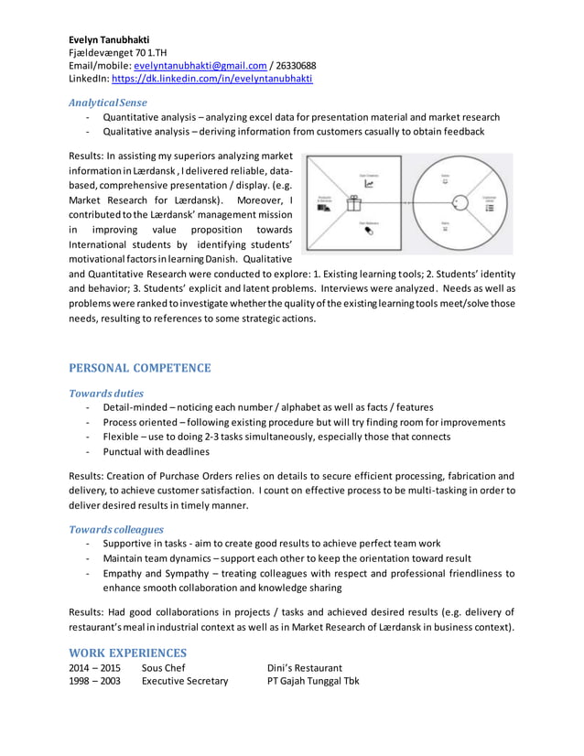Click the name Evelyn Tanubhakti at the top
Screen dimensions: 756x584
click(x=110, y=39)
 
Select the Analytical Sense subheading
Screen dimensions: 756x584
click(x=108, y=102)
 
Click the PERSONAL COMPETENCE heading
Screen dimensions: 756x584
click(x=140, y=368)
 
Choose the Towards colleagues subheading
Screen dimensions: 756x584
click(x=116, y=529)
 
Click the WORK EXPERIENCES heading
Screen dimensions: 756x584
click(x=128, y=653)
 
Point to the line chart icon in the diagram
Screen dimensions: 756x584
click(x=369, y=183)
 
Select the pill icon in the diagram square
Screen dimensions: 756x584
click(x=369, y=231)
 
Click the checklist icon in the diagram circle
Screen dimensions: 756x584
click(x=489, y=208)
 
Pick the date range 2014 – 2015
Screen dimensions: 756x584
click(x=94, y=668)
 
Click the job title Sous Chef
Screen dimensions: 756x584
click(x=164, y=668)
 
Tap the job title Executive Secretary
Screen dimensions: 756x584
click(x=185, y=681)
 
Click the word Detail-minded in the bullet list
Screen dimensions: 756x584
click(x=136, y=407)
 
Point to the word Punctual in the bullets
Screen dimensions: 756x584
click(x=125, y=451)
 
